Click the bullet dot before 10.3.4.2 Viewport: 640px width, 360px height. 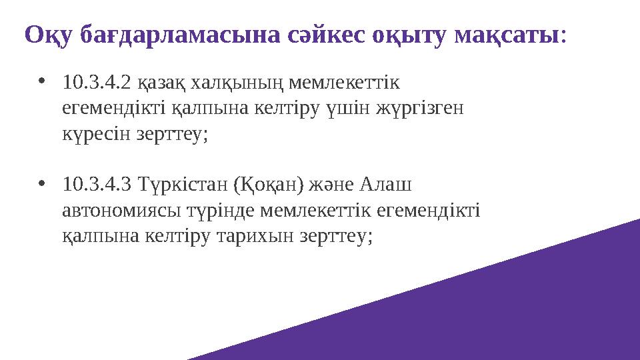43,83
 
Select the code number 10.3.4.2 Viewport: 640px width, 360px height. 96,83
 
